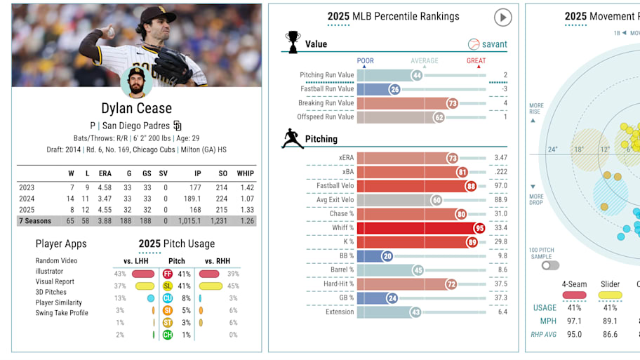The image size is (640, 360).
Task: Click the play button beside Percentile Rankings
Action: pyautogui.click(x=502, y=18)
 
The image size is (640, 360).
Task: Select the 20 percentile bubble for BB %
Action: pyautogui.click(x=387, y=256)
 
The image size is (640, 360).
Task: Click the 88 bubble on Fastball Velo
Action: pyautogui.click(x=470, y=186)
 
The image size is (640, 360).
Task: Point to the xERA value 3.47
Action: pyautogui.click(x=500, y=158)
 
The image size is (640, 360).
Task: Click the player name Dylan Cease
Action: pyautogui.click(x=137, y=108)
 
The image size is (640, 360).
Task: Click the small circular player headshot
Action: pyautogui.click(x=137, y=82)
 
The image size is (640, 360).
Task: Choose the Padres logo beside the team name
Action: pyautogui.click(x=178, y=126)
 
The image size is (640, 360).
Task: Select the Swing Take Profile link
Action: pyautogui.click(x=62, y=313)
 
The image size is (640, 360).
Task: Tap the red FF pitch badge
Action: pyautogui.click(x=167, y=274)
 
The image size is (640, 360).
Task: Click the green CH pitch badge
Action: pyautogui.click(x=167, y=335)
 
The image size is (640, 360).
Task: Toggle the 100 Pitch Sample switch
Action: pyautogui.click(x=550, y=265)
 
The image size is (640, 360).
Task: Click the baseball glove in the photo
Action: pyautogui.click(x=173, y=65)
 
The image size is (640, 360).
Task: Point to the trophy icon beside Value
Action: pyautogui.click(x=291, y=42)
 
